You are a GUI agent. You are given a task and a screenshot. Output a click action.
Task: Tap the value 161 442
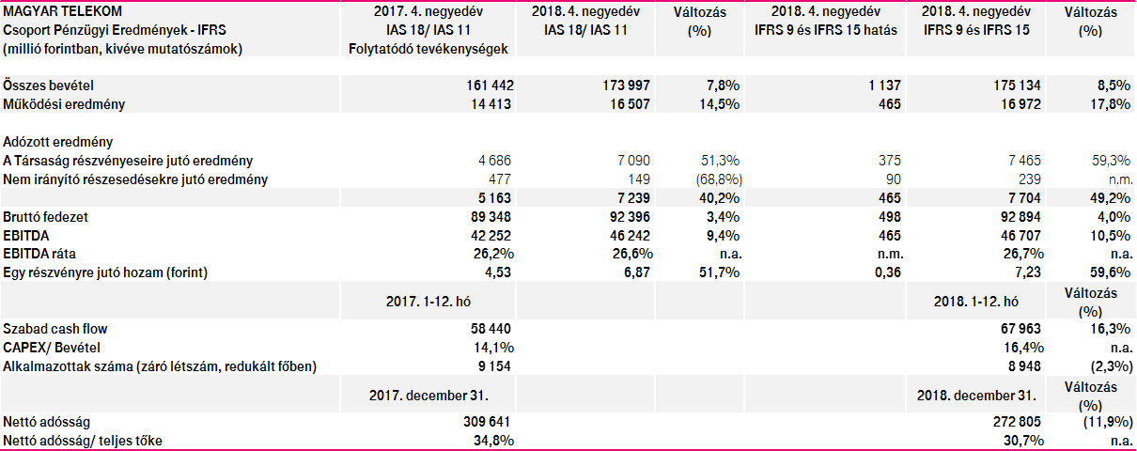coord(487,86)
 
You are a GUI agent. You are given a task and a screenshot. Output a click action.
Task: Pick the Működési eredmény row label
coord(64,104)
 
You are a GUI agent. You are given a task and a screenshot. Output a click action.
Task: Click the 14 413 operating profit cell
coord(490,104)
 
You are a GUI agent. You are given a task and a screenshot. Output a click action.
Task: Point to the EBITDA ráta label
coord(39,254)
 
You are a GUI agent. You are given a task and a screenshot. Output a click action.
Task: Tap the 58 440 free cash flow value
coord(490,329)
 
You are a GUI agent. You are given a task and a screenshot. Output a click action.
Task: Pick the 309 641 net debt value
coord(487,423)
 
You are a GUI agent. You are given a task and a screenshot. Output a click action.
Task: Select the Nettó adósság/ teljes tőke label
coord(88,442)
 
